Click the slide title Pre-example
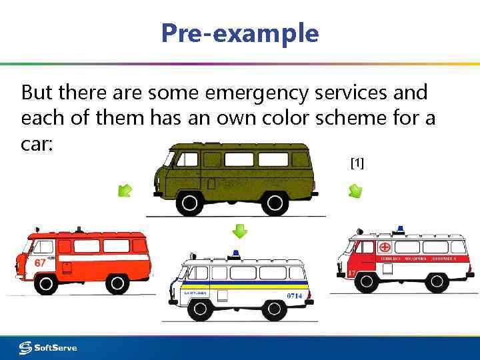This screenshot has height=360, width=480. click(240, 33)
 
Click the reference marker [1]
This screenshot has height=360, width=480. click(357, 163)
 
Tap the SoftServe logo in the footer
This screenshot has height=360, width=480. click(48, 347)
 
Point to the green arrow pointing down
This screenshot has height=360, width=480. click(240, 231)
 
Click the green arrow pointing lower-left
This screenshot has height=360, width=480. click(125, 191)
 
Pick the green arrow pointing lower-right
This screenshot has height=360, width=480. click(355, 191)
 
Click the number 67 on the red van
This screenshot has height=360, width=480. click(40, 263)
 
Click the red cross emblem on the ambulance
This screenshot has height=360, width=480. click(385, 247)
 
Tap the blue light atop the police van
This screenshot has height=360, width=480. click(235, 254)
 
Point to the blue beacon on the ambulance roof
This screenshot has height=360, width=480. click(400, 229)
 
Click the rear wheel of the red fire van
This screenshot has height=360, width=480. click(117, 284)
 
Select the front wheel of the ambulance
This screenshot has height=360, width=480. click(366, 282)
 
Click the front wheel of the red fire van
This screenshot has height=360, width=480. click(45, 284)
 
